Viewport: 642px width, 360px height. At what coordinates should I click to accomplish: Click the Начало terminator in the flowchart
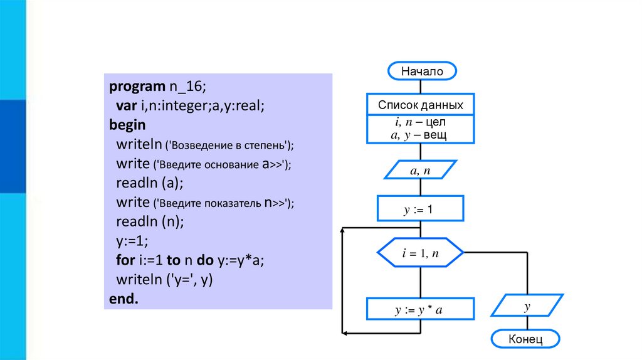pyautogui.click(x=422, y=71)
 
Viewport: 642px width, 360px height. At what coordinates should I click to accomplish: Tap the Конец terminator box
pyautogui.click(x=525, y=339)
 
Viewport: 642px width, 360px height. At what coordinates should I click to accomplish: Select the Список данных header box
pyautogui.click(x=420, y=105)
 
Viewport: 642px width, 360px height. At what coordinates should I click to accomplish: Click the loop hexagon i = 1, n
pyautogui.click(x=420, y=253)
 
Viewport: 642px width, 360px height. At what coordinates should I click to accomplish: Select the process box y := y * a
pyautogui.click(x=420, y=309)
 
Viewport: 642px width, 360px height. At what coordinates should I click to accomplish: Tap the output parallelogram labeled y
pyautogui.click(x=527, y=307)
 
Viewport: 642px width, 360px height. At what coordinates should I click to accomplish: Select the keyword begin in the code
pyautogui.click(x=127, y=124)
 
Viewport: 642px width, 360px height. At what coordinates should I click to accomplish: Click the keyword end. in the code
pyautogui.click(x=123, y=299)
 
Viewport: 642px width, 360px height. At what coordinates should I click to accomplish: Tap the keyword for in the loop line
pyautogui.click(x=124, y=260)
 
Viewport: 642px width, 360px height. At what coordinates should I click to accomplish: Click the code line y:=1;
pyautogui.click(x=132, y=241)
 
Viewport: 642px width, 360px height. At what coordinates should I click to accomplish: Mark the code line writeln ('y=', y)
pyautogui.click(x=165, y=280)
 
